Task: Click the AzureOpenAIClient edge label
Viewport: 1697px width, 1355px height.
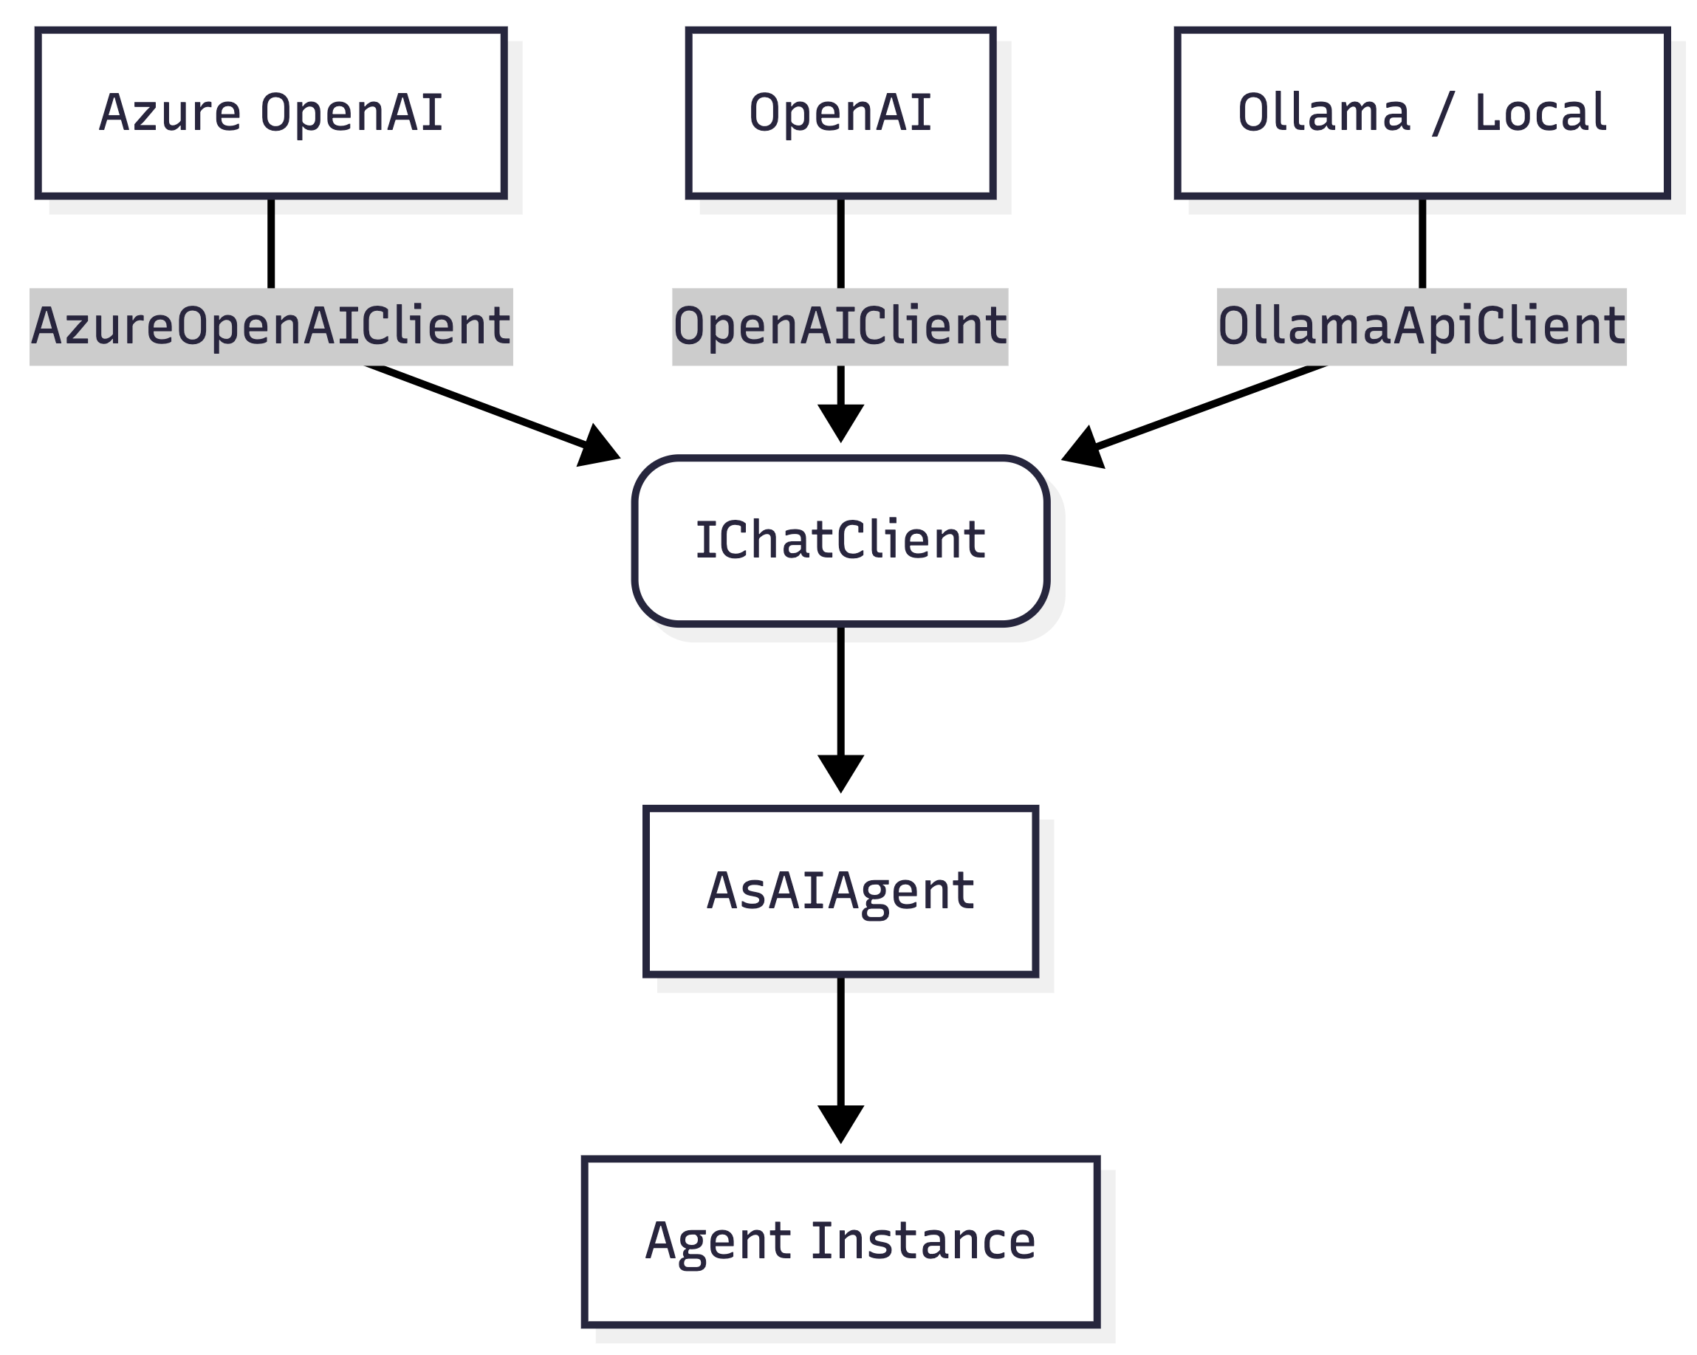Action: click(271, 326)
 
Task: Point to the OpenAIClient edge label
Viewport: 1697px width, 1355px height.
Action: click(840, 326)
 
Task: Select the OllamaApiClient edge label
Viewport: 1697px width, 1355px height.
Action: click(1422, 326)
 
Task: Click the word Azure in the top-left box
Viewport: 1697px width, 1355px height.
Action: click(170, 112)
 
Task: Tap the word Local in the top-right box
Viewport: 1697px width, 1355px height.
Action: click(1540, 112)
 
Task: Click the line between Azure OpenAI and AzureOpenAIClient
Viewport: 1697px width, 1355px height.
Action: click(271, 242)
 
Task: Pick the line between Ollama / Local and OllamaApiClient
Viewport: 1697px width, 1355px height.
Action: click(1422, 242)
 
